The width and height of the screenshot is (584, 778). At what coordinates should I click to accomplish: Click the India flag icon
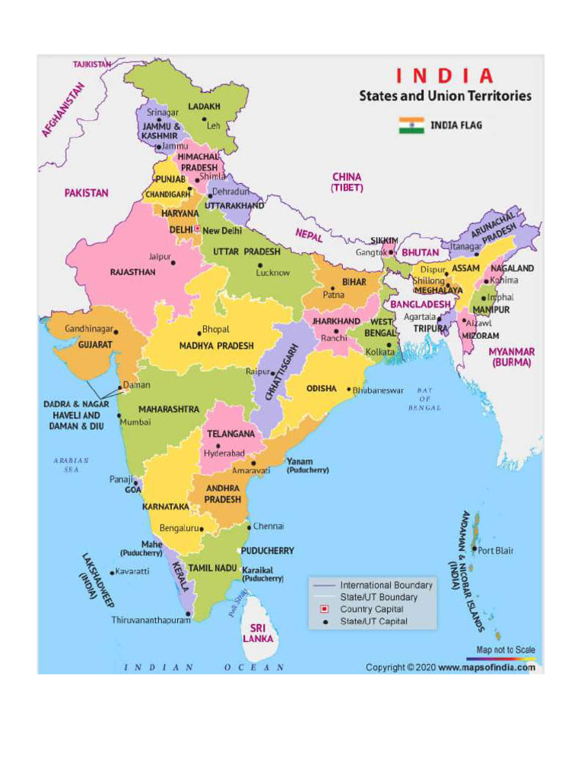point(411,125)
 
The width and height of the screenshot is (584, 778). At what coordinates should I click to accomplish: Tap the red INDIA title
point(444,77)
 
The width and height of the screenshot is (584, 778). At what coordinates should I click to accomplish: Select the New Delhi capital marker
point(197,229)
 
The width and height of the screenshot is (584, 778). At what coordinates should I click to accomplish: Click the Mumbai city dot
point(119,416)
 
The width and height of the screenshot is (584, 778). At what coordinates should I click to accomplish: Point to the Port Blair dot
point(474,549)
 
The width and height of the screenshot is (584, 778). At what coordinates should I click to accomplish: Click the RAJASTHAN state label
point(132,272)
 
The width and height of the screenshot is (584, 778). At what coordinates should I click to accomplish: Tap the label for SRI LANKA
point(259,634)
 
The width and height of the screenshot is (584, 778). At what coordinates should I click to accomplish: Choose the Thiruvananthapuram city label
point(150,620)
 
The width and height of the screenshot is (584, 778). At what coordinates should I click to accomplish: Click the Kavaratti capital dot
point(112,572)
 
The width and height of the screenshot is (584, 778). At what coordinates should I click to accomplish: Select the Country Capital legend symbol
point(324,609)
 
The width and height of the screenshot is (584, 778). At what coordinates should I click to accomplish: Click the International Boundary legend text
point(386,585)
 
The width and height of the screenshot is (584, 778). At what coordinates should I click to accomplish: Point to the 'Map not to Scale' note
point(505,650)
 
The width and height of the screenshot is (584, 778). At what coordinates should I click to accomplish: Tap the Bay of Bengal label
point(424,399)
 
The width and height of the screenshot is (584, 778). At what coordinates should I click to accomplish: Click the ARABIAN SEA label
point(71,465)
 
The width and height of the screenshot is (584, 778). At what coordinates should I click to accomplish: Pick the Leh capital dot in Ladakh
point(204,119)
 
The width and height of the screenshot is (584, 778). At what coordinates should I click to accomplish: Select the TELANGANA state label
point(230,434)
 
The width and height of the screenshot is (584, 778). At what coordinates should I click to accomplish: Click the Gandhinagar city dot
point(117,330)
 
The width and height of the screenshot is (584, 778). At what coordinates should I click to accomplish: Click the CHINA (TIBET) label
point(347,182)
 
